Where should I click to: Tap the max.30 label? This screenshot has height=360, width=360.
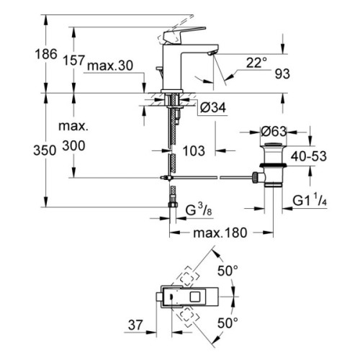(x=110, y=67)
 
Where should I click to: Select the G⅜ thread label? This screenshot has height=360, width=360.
(x=197, y=210)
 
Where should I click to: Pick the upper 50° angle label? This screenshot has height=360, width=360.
(x=228, y=271)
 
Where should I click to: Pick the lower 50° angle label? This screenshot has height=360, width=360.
(x=228, y=324)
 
